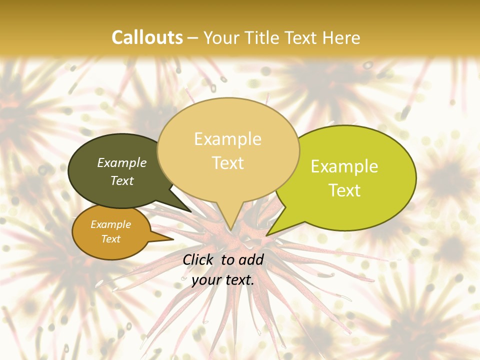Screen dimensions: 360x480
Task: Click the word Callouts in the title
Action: tap(147, 37)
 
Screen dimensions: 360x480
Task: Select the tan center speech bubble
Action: tap(228, 170)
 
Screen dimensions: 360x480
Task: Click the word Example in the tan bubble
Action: tap(228, 139)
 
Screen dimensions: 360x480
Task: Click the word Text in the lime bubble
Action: tap(344, 190)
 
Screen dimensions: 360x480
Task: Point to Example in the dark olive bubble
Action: tap(122, 162)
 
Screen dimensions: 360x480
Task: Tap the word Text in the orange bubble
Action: tap(111, 239)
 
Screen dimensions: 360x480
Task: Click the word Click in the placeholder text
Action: tap(198, 259)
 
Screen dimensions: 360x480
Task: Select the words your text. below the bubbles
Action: tap(223, 280)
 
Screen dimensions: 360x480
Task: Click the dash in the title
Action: tap(193, 37)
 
